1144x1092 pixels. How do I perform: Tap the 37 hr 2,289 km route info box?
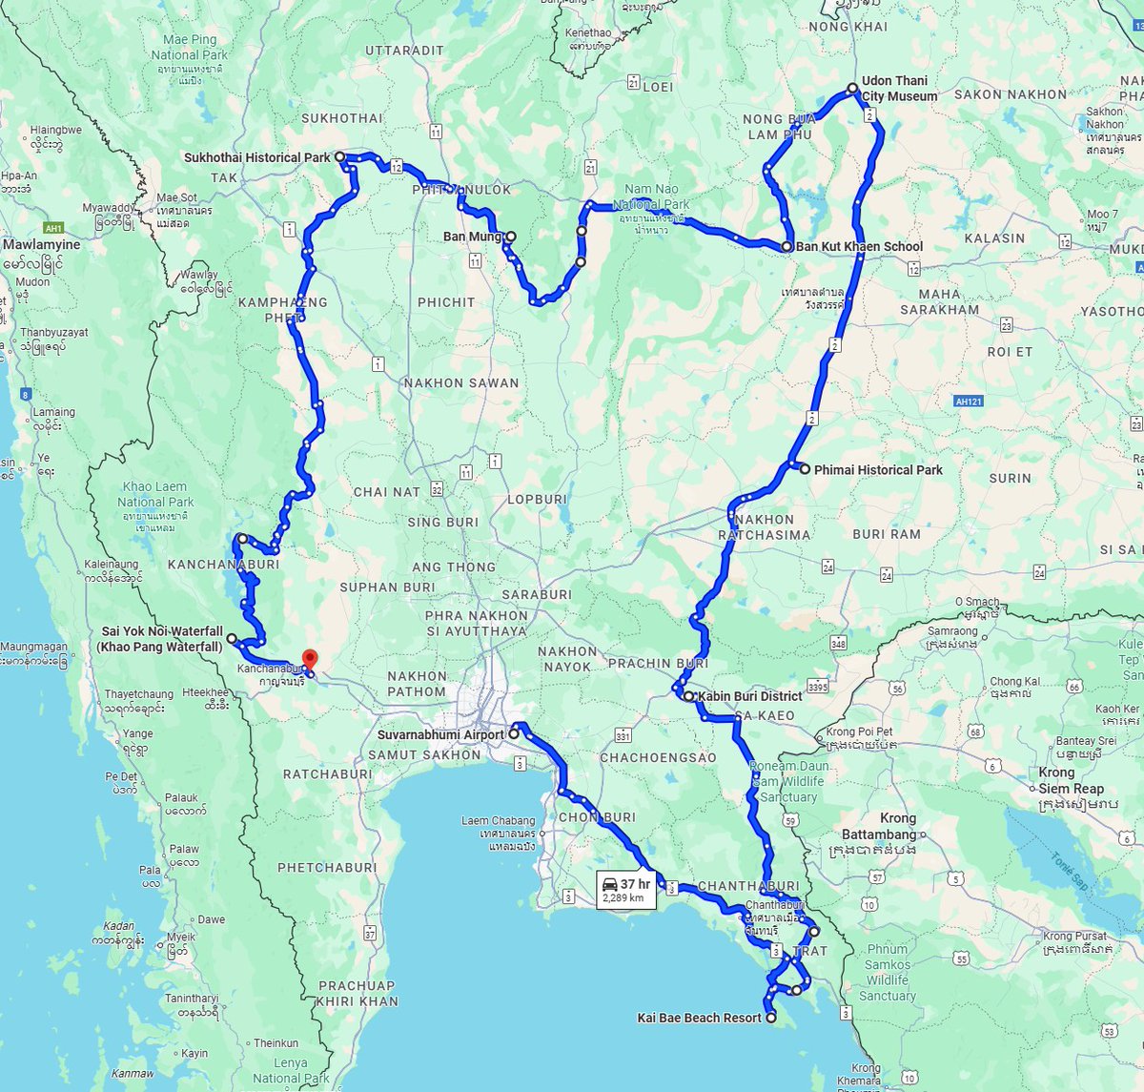pyautogui.click(x=626, y=891)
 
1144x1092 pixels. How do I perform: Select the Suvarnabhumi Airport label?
pyautogui.click(x=440, y=735)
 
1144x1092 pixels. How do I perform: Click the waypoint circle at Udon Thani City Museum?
pyautogui.click(x=853, y=89)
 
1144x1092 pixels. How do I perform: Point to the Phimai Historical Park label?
pyautogui.click(x=877, y=470)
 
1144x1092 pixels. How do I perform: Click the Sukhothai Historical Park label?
pyautogui.click(x=256, y=157)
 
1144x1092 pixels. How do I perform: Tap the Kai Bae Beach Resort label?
pyautogui.click(x=699, y=1019)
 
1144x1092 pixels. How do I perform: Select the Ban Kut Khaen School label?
pyautogui.click(x=859, y=246)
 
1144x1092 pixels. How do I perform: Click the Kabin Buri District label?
pyautogui.click(x=749, y=696)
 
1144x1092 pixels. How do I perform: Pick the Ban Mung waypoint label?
pyautogui.click(x=472, y=237)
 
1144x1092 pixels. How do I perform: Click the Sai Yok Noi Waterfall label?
pyautogui.click(x=162, y=639)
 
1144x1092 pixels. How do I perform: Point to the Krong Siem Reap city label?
pyautogui.click(x=1071, y=780)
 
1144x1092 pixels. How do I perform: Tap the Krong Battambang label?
pyautogui.click(x=879, y=826)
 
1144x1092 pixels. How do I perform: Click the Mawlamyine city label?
pyautogui.click(x=42, y=245)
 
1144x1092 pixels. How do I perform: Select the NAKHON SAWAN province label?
pyautogui.click(x=460, y=383)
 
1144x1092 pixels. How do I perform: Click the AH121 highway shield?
pyautogui.click(x=969, y=402)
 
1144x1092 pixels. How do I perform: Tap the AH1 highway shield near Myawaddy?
pyautogui.click(x=53, y=229)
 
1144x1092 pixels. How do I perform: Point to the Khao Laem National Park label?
pyautogui.click(x=155, y=494)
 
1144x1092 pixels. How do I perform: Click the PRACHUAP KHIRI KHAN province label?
pyautogui.click(x=357, y=994)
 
